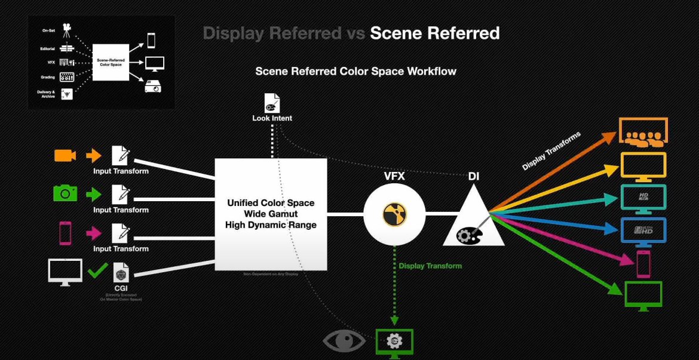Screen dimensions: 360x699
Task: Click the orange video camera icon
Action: pyautogui.click(x=65, y=155)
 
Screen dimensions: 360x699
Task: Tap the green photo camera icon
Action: pyautogui.click(x=65, y=193)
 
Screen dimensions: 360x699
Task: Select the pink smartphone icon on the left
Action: pyautogui.click(x=65, y=232)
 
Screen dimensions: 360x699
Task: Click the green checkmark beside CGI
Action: pyautogui.click(x=98, y=271)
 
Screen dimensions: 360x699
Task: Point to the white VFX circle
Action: pyautogui.click(x=394, y=213)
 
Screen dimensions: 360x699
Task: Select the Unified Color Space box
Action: pyautogui.click(x=271, y=214)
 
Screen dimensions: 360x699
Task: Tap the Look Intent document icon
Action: pyautogui.click(x=272, y=103)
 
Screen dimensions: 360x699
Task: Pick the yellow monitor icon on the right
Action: pyautogui.click(x=643, y=165)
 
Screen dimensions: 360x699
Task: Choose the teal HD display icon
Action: pyautogui.click(x=643, y=198)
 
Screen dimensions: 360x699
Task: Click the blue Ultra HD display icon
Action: pyautogui.click(x=643, y=230)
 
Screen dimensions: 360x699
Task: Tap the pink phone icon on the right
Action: pyautogui.click(x=643, y=263)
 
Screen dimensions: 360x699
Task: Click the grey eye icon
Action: pyautogui.click(x=344, y=341)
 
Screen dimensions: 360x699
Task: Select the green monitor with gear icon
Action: pyautogui.click(x=394, y=342)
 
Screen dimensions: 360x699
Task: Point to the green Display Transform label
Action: pyautogui.click(x=430, y=266)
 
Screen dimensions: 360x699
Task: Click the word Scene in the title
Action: pyautogui.click(x=398, y=33)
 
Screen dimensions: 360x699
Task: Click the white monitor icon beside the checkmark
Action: pyautogui.click(x=65, y=272)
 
